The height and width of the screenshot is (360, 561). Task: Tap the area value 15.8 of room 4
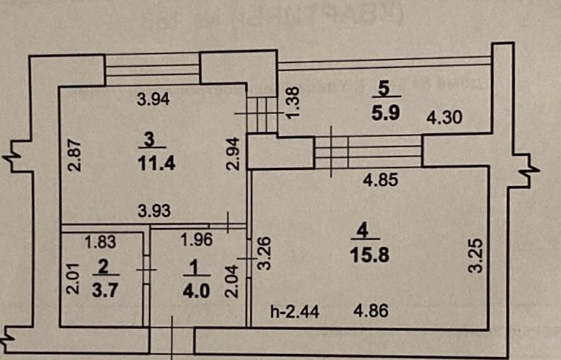coord(375,255)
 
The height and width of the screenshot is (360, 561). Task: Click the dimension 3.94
coord(153,98)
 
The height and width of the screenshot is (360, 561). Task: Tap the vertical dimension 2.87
coord(74,156)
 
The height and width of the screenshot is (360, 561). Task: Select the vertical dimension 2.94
coord(234,155)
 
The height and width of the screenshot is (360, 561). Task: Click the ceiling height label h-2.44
coord(290,311)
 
